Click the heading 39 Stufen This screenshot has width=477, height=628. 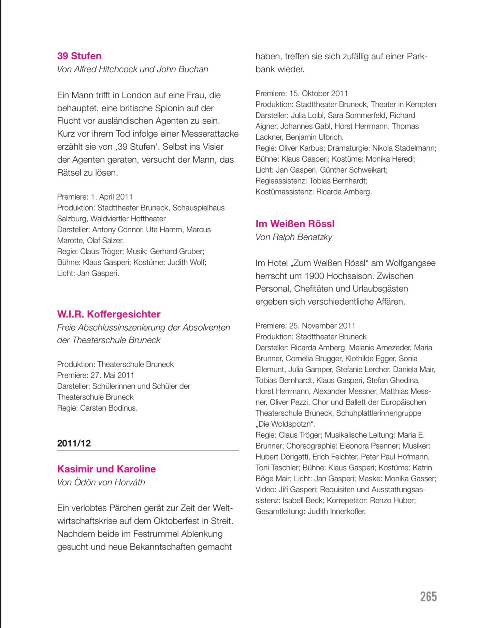79,56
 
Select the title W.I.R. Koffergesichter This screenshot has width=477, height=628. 109,314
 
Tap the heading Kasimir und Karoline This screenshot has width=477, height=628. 106,469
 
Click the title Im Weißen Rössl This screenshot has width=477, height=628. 295,224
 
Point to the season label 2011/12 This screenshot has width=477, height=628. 74,443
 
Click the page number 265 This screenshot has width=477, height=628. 428,597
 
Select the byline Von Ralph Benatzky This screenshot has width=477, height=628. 293,237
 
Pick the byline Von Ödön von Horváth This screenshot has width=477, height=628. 101,482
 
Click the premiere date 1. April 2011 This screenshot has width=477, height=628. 112,197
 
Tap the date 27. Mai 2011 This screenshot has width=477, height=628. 112,375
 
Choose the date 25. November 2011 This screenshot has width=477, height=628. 322,326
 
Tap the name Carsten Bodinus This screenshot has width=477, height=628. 109,408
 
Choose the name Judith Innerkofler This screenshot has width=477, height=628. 336,511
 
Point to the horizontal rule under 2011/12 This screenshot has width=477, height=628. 148,451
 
